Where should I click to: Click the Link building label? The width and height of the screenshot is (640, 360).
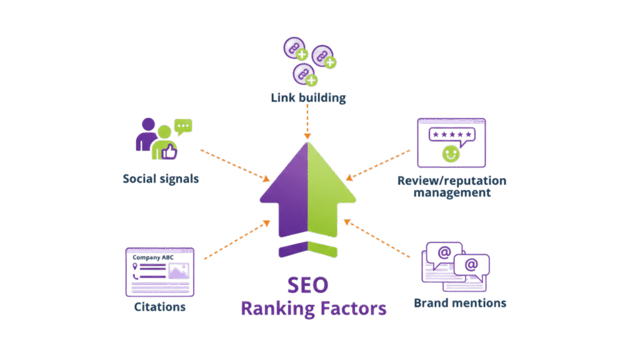click(308, 98)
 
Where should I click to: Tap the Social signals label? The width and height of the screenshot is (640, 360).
click(161, 179)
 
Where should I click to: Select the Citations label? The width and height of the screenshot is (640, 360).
click(160, 307)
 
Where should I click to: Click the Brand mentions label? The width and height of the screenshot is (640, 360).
click(460, 303)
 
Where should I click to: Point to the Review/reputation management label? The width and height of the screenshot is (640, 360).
click(451, 186)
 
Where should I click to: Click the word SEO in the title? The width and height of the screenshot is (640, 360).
click(307, 286)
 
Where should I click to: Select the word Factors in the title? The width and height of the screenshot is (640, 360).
click(351, 308)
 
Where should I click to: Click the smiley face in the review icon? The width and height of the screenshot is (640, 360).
click(451, 153)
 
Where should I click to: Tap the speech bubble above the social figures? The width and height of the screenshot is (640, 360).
click(183, 127)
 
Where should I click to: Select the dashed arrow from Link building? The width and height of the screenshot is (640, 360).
click(307, 122)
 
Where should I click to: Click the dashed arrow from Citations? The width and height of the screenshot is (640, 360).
click(236, 239)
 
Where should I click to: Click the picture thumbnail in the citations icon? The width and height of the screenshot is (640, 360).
click(178, 271)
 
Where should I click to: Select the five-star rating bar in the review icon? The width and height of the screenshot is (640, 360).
click(451, 134)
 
